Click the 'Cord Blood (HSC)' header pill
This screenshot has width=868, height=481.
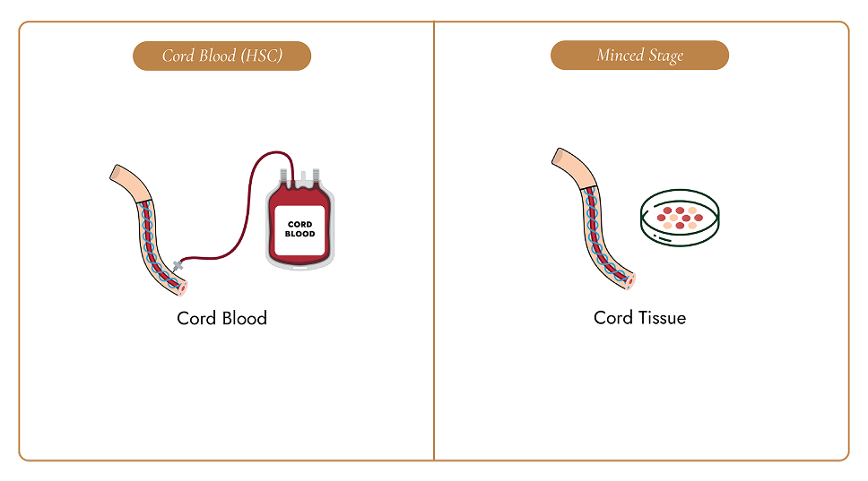[x=222, y=56]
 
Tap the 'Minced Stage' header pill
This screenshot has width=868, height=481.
[x=639, y=56]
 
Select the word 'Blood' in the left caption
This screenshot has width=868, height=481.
[x=244, y=318]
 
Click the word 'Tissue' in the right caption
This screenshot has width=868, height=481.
[x=662, y=317]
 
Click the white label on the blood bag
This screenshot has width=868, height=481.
[x=299, y=230]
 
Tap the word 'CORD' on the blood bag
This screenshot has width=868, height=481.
[x=300, y=225]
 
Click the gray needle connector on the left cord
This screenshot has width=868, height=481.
[x=178, y=266]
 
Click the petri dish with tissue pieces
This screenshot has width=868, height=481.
[x=680, y=218]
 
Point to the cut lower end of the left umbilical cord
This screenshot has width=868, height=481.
[x=181, y=288]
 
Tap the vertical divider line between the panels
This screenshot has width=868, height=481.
[x=434, y=241]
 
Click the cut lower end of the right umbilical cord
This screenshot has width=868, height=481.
[x=629, y=281]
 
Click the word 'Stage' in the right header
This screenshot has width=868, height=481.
[x=666, y=56]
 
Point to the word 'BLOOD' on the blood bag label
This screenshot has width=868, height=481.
[x=300, y=234]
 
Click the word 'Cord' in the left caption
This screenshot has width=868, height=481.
[x=196, y=318]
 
